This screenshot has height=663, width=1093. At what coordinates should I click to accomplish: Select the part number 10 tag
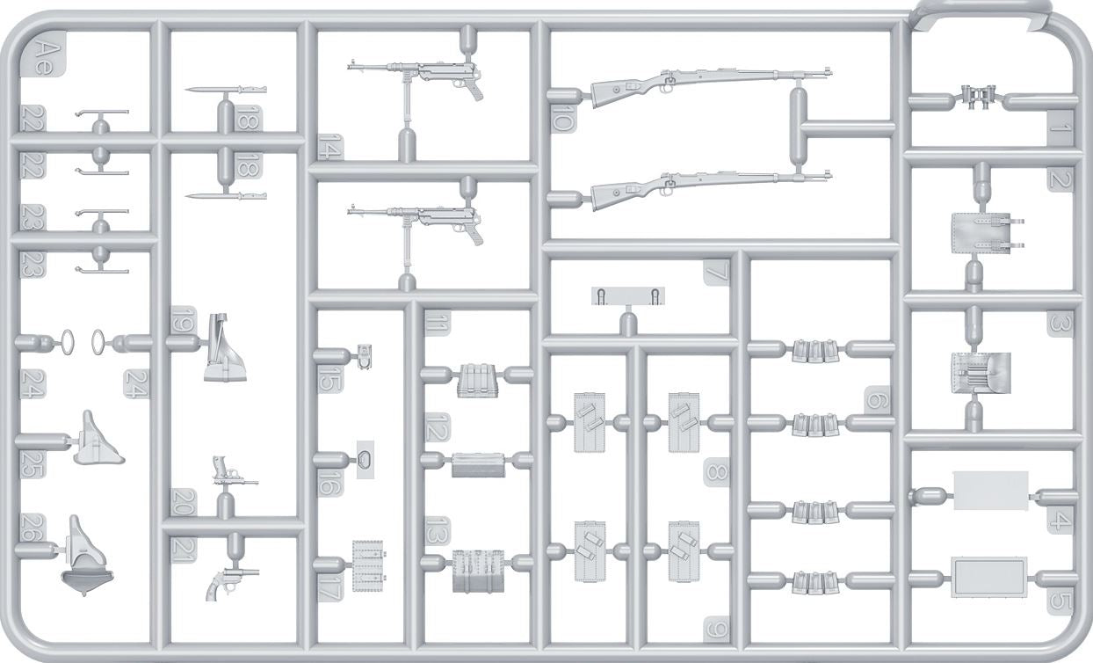pos(562,118)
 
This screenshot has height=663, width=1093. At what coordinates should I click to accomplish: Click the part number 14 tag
pos(330,147)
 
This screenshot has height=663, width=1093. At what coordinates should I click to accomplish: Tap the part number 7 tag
pos(716,272)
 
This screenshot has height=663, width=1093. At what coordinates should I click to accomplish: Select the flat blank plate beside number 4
pos(990,491)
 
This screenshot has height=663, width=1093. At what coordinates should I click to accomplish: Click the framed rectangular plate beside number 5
pos(988,577)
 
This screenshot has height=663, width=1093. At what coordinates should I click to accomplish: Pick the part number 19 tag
pos(184,320)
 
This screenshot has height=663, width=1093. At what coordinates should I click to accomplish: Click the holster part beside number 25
pos(98,439)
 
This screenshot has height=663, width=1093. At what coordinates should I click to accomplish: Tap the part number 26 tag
pos(33,528)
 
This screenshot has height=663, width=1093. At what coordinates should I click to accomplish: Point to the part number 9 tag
pos(716,630)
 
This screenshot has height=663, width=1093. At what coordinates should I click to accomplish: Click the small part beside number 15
pos(364,356)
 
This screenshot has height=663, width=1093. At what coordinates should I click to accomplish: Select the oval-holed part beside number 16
pos(366,459)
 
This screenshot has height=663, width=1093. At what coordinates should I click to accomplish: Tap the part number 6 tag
pos(877,399)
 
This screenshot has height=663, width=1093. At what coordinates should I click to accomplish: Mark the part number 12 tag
pos(438,427)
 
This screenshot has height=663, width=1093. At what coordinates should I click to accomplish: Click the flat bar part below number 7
pos(628,295)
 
